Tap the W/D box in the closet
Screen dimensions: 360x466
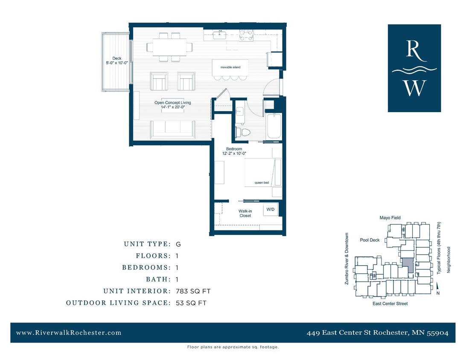pos(271,209)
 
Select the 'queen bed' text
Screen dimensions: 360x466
pos(262,183)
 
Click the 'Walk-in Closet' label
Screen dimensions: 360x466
pos(245,213)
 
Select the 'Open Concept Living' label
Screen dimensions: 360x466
pos(172,103)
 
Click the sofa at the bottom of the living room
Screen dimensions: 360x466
pos(172,128)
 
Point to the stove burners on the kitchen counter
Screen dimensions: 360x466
pos(246,35)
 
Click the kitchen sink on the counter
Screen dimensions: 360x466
pos(221,34)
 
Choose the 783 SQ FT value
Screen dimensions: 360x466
pos(193,291)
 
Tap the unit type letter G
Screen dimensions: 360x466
pos(178,244)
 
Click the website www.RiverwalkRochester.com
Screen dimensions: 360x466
pos(69,333)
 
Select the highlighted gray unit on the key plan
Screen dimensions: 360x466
pos(408,265)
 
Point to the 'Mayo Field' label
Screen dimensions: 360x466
pos(390,218)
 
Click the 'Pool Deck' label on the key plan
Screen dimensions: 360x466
pos(370,240)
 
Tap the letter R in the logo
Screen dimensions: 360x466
pos(414,49)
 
